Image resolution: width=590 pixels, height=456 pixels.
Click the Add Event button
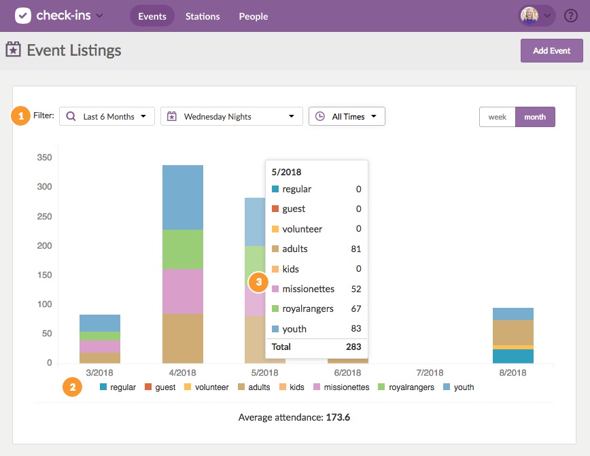tap(551, 51)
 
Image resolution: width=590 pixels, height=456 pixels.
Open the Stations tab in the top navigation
tap(203, 16)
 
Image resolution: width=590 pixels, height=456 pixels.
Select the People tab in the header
tap(253, 16)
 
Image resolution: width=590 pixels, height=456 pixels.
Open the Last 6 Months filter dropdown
tap(107, 117)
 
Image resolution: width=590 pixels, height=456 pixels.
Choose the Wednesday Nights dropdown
tap(231, 117)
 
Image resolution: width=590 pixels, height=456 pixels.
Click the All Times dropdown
tap(347, 117)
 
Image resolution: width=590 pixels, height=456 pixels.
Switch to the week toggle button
tap(497, 117)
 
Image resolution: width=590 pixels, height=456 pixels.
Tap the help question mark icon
tap(571, 16)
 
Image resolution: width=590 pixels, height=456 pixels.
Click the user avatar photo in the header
tap(529, 16)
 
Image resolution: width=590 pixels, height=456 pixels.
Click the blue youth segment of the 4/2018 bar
tap(182, 197)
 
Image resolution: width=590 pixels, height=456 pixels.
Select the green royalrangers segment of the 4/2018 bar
tap(182, 249)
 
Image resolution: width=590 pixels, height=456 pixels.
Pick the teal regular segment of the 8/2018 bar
tap(513, 356)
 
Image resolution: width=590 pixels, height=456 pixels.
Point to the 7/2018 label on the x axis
tap(430, 372)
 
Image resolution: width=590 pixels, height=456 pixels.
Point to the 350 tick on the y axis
tap(44, 157)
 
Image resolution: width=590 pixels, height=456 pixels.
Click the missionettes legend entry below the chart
tap(342, 387)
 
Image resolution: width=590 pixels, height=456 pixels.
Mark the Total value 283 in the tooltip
tap(352, 347)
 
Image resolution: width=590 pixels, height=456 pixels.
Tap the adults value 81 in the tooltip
tap(355, 249)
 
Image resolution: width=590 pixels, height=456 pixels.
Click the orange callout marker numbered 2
tap(73, 387)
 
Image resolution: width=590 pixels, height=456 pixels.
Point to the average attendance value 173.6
tap(338, 417)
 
